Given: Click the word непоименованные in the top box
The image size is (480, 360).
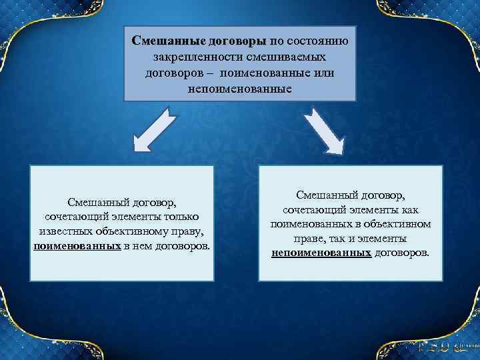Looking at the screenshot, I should (240, 87).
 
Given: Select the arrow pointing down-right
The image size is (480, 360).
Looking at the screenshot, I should (324, 131).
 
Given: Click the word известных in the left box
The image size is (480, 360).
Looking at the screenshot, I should (65, 231).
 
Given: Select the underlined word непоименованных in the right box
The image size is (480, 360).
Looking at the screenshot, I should (321, 253).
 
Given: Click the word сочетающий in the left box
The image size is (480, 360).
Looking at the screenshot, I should (73, 217).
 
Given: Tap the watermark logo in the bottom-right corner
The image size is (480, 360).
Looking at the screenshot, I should (443, 347).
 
